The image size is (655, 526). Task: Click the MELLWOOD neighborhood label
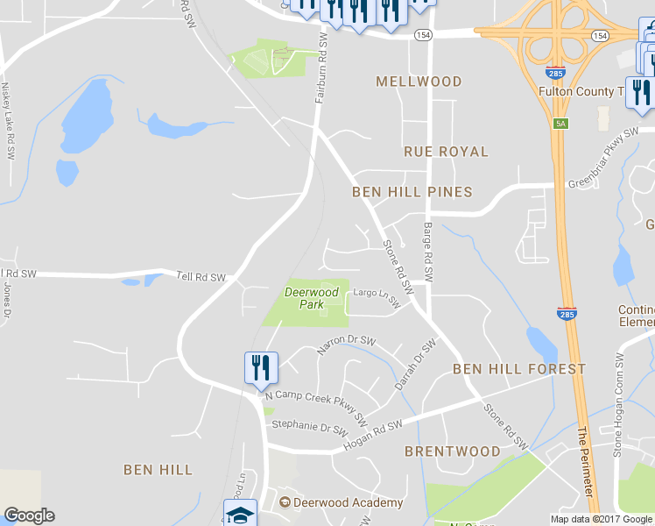[x=419, y=82]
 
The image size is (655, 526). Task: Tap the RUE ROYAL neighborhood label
[x=446, y=152]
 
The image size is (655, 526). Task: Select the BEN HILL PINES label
[x=412, y=192]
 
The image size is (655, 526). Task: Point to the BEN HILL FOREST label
[x=519, y=369]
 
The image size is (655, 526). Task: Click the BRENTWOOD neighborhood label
[x=452, y=451]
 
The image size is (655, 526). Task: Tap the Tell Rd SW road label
[x=201, y=277]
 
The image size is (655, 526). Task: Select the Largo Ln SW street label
[x=377, y=299]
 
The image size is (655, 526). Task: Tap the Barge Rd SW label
[x=428, y=251]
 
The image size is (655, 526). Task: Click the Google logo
[x=29, y=515]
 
